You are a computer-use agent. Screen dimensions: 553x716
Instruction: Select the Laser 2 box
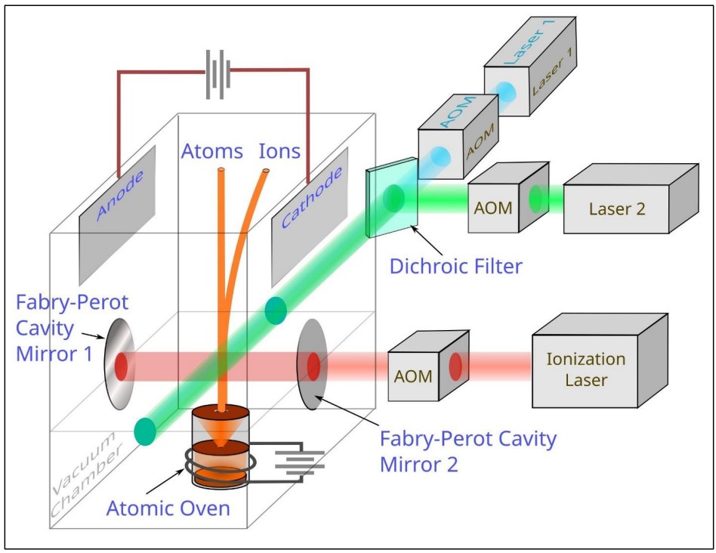click(617, 209)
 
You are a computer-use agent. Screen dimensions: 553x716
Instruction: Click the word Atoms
click(211, 151)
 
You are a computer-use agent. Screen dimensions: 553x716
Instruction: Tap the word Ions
click(279, 151)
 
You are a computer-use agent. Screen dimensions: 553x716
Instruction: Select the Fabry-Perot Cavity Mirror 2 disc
click(310, 366)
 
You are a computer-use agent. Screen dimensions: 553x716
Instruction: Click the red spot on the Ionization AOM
click(455, 366)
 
